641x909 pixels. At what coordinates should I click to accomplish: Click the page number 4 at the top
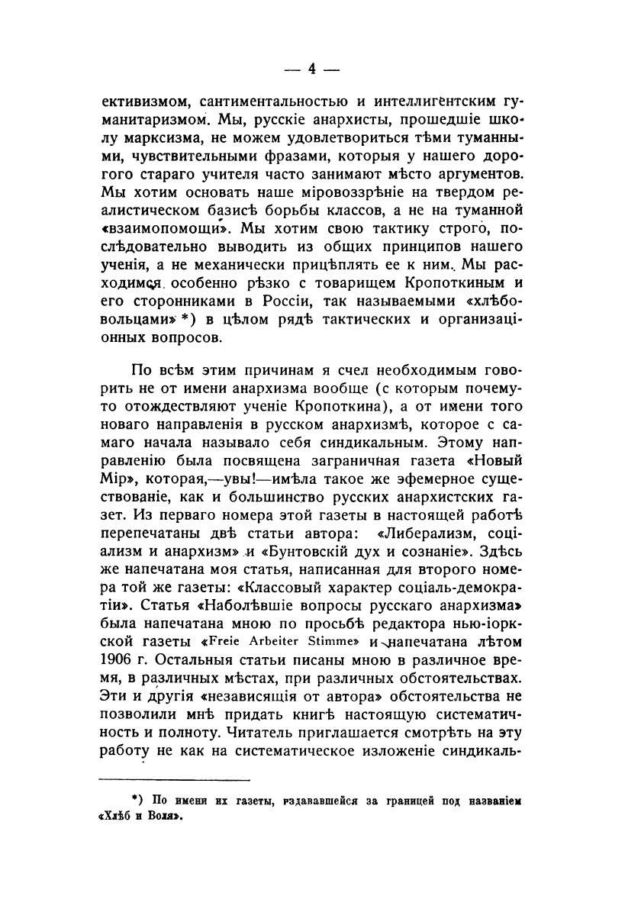[311, 69]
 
